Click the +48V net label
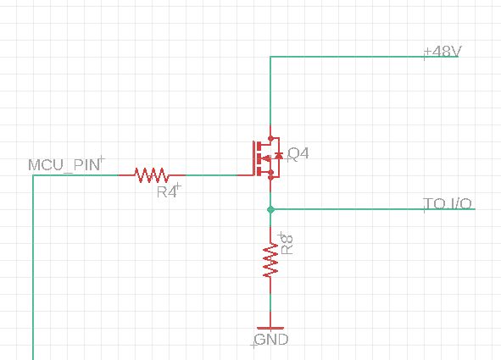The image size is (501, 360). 442,52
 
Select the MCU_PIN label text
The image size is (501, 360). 64,164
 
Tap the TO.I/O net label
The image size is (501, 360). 448,204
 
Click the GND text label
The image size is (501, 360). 270,340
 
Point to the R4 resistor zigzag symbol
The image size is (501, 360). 152,175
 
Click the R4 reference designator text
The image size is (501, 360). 167,192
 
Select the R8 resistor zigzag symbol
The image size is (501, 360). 270,262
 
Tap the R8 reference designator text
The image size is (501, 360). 287,244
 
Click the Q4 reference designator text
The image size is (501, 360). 298,153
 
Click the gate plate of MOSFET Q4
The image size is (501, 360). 253,158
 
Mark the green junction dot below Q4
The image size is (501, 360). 270,208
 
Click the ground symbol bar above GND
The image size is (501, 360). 270,327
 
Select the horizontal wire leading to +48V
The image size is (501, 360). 348,57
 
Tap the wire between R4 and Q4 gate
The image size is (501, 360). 216,175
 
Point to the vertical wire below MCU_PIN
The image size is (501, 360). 33,271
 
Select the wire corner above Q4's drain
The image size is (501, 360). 270,57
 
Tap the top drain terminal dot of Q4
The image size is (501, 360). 270,139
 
